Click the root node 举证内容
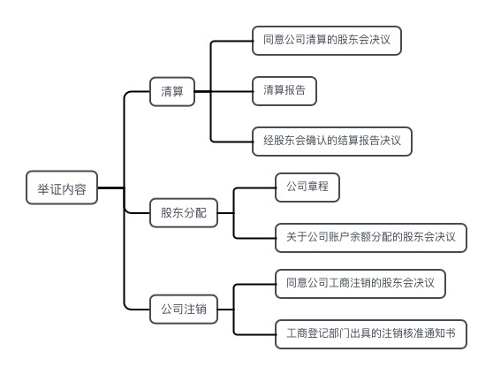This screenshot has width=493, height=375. [x=62, y=187]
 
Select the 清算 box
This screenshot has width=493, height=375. [x=172, y=91]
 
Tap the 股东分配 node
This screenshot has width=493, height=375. [x=183, y=212]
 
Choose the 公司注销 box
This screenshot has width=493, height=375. [x=183, y=309]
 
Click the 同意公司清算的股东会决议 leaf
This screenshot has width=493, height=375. [x=326, y=40]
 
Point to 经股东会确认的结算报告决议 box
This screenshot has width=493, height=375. [x=332, y=141]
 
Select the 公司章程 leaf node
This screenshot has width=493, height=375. [x=307, y=187]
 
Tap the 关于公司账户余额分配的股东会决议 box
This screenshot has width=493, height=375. [x=371, y=236]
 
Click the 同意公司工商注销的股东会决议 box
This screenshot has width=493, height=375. [x=360, y=284]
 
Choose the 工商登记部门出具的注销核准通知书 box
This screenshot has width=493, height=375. [x=371, y=333]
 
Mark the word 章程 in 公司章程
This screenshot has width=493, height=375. [x=318, y=187]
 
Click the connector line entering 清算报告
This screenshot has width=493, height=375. [x=231, y=91]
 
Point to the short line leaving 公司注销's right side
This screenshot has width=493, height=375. [x=224, y=309]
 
